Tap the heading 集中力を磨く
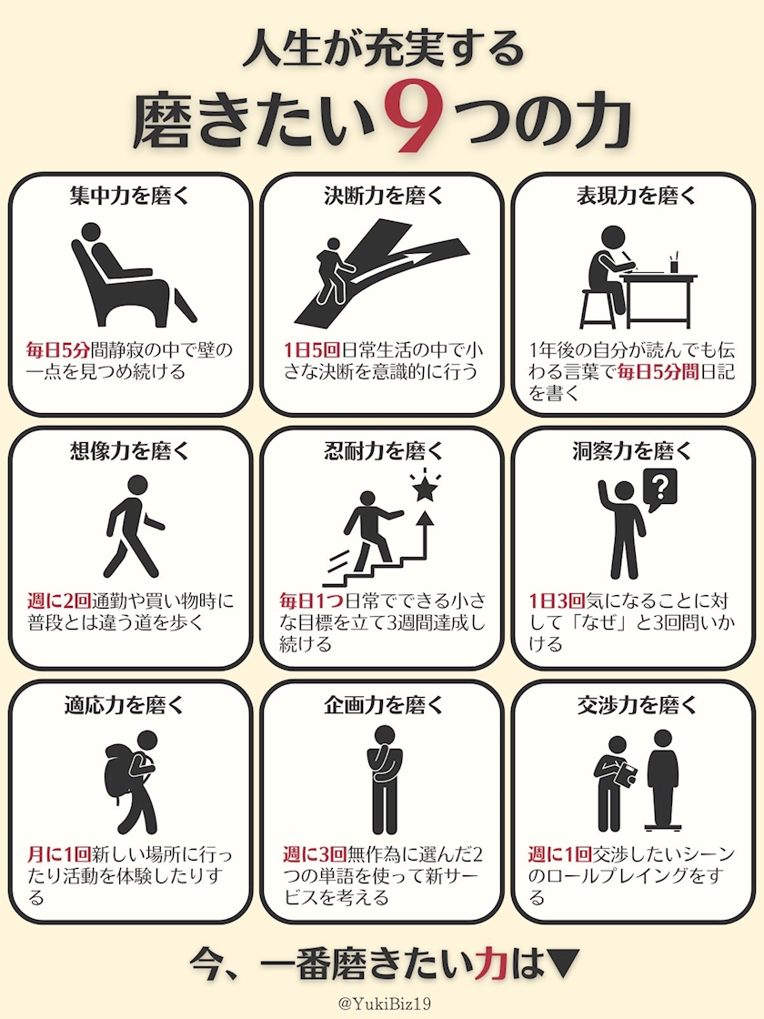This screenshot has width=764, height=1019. [129, 196]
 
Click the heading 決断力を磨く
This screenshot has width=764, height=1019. [383, 196]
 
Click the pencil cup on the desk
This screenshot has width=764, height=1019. [674, 263]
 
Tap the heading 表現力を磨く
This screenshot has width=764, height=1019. [636, 196]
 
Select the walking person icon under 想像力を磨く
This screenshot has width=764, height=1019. [133, 527]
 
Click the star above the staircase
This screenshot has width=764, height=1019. [425, 489]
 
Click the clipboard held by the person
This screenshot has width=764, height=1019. [627, 773]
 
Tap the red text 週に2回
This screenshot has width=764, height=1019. [59, 600]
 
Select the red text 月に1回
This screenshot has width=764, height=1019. [59, 854]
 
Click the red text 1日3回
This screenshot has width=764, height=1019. [557, 600]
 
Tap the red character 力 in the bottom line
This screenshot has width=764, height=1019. [491, 964]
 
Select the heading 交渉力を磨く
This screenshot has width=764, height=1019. [636, 705]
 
